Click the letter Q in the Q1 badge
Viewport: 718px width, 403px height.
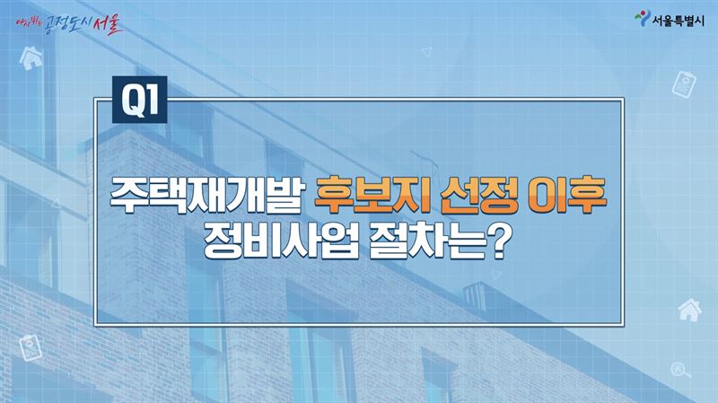[133, 101]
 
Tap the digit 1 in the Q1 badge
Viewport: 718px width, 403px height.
[152, 101]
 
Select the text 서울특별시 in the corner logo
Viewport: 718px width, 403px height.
[679, 21]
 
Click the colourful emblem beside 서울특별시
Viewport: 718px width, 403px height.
[643, 18]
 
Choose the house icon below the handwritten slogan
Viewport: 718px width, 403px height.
[31, 58]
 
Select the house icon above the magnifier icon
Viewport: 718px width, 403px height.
[689, 310]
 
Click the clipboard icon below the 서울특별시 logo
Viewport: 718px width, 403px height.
[684, 83]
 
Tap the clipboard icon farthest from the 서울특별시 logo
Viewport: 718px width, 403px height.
[31, 348]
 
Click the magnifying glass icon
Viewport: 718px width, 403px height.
[680, 370]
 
